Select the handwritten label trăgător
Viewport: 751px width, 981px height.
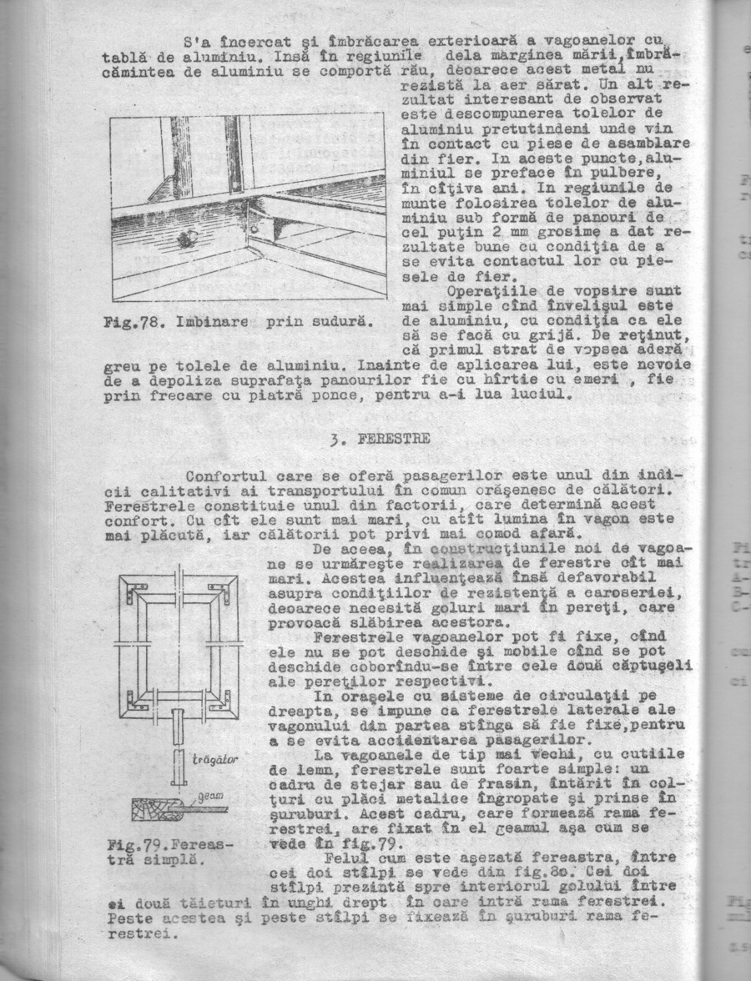tap(216, 760)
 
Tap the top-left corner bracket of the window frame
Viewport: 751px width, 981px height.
tap(137, 591)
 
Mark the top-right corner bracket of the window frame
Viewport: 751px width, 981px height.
tap(219, 591)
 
